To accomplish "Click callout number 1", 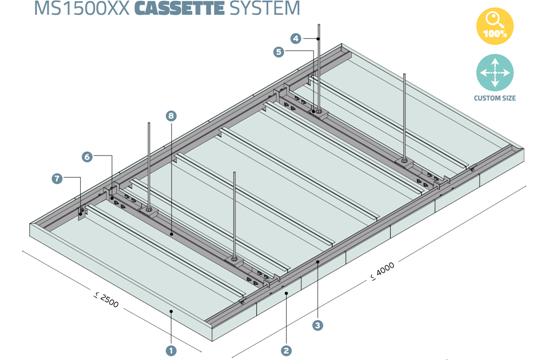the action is tap(171, 351).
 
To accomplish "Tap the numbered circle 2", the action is tap(286, 351).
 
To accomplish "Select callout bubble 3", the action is tap(318, 325).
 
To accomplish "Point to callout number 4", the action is tap(296, 38).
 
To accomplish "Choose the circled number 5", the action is tap(279, 52).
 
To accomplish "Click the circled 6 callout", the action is tap(87, 157).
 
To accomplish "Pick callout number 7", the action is tap(57, 178).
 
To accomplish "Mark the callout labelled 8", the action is tap(171, 116).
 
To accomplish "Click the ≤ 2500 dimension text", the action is tap(106, 300).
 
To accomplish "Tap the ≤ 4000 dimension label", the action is tap(382, 271).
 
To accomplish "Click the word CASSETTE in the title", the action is tap(179, 8).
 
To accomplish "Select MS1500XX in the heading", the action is tap(82, 8).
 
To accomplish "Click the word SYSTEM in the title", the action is tap(264, 8).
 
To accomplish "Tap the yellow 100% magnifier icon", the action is tap(495, 26).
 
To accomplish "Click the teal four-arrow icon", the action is tap(495, 73).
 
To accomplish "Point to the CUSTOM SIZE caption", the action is tap(495, 98).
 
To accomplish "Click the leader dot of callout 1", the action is tap(171, 311).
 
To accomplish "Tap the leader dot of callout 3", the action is tap(318, 262).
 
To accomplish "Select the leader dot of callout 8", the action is tap(171, 234).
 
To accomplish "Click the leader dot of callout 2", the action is tap(286, 294).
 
